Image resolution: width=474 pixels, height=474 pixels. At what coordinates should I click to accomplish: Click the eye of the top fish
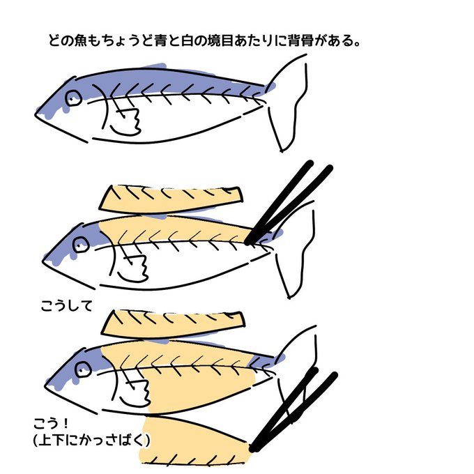[73, 98]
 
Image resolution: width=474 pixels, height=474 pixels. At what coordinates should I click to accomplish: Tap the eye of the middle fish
[82, 244]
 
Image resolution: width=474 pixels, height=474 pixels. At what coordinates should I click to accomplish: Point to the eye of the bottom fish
[83, 369]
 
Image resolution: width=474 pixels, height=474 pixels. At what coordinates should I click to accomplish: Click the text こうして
[66, 306]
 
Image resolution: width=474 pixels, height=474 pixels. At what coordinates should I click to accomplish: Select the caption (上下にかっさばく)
[91, 440]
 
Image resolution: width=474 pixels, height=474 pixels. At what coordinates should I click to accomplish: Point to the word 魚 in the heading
[80, 41]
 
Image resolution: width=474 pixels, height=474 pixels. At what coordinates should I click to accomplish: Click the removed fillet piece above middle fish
[171, 199]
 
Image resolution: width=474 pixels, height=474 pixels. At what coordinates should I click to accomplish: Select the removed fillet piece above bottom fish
[173, 323]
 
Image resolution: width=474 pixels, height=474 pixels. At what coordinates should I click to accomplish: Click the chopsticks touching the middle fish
[289, 203]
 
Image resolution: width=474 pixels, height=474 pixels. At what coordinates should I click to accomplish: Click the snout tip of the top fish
[36, 114]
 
